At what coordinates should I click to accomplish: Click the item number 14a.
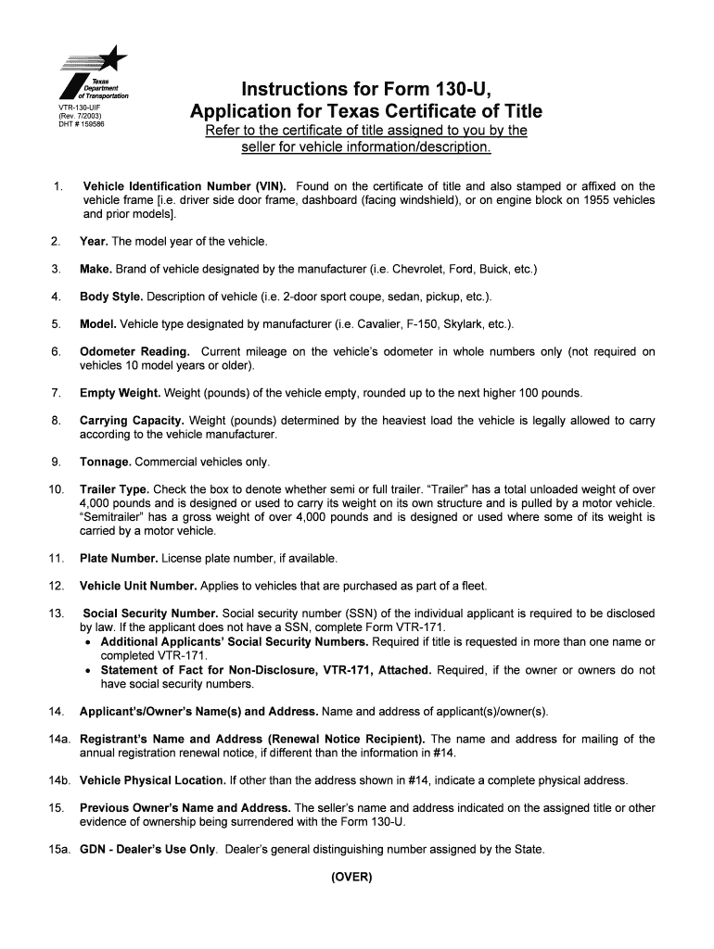57,740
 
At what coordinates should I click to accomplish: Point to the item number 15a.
57,850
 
